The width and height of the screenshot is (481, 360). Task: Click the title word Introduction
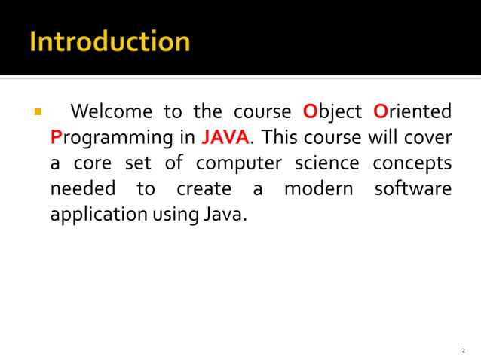(109, 41)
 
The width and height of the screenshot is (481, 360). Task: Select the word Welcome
(110, 113)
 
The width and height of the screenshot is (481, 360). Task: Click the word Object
(332, 113)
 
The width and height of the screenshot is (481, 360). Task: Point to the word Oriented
(412, 113)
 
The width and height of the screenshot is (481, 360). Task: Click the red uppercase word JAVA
(225, 138)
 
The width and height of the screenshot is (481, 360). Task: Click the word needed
(83, 188)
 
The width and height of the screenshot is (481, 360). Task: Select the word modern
(317, 188)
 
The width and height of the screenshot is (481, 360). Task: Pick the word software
(413, 188)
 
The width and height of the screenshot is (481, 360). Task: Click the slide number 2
(463, 351)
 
